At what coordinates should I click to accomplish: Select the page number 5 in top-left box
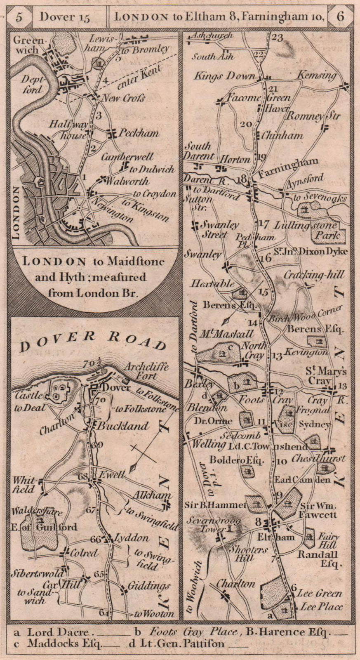pyautogui.click(x=19, y=17)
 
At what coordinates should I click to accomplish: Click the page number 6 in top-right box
pyautogui.click(x=340, y=17)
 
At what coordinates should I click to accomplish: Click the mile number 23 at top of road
pyautogui.click(x=278, y=38)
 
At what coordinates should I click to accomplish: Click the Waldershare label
pyautogui.click(x=38, y=512)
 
